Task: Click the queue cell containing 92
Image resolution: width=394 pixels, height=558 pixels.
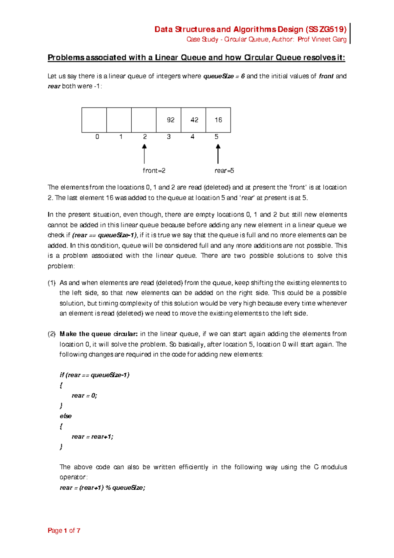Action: coord(169,120)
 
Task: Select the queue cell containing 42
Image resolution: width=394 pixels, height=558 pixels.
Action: coord(193,120)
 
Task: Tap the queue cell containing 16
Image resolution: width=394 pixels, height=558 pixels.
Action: coord(218,120)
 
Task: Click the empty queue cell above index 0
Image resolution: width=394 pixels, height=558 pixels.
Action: coord(94,120)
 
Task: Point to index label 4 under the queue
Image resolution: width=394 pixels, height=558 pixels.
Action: coord(193,137)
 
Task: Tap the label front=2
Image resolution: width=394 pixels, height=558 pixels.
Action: coord(154,171)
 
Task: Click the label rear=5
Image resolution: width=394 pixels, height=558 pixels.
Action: coord(224,171)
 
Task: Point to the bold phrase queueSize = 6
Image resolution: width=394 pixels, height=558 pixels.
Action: coord(224,76)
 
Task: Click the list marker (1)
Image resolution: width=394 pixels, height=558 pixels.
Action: coord(52,283)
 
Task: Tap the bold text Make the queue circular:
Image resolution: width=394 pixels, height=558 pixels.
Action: coord(98,334)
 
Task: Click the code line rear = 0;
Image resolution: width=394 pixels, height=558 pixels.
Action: coord(84,396)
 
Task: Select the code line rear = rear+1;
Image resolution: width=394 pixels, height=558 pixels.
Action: coord(92,437)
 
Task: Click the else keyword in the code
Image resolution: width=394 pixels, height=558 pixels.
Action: coord(66,416)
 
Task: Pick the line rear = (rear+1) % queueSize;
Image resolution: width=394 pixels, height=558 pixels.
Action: coord(102,488)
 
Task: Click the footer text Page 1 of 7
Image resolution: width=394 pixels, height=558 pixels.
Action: coord(64,531)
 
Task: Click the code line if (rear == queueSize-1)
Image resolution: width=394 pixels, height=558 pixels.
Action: coord(95,375)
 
